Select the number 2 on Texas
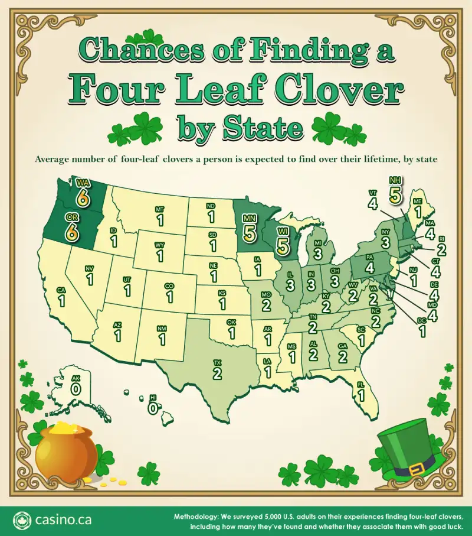point(217,373)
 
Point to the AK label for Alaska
point(76,381)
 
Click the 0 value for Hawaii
point(153,408)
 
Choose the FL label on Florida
point(360,384)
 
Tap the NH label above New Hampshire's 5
point(394,180)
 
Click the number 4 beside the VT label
point(372,204)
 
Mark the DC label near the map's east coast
point(421,321)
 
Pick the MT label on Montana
point(159,209)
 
